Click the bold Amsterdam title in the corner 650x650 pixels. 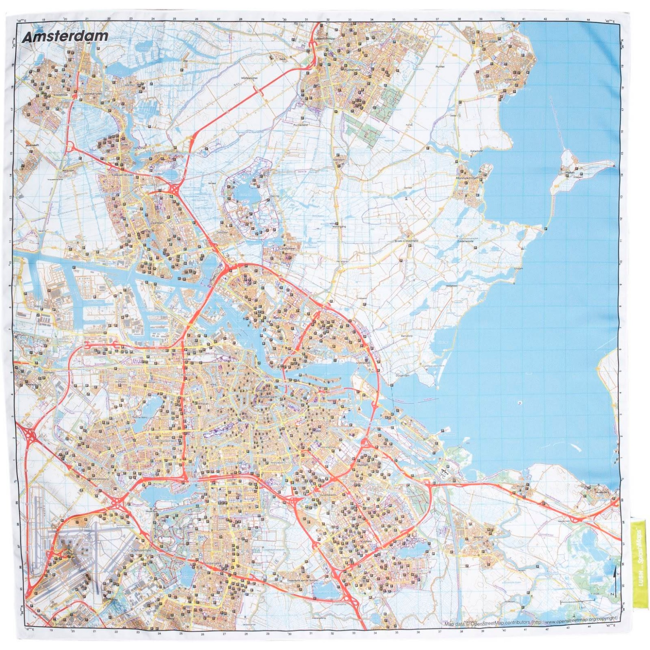(65, 37)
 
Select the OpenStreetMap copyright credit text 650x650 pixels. (531, 623)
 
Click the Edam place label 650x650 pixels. (494, 42)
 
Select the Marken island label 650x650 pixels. (570, 172)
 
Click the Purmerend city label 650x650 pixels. (352, 71)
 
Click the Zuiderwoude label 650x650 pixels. (466, 241)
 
